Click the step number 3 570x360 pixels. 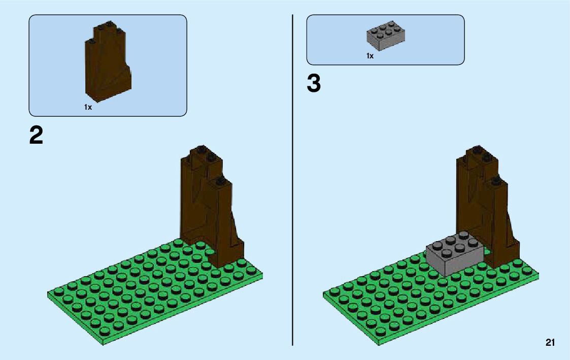(314, 84)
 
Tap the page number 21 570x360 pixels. (550, 343)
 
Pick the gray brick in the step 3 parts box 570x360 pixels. (386, 35)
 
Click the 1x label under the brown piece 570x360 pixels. (88, 107)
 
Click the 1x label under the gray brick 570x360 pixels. (370, 56)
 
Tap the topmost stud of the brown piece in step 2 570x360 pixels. (202, 149)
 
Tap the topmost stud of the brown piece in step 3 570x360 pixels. (477, 149)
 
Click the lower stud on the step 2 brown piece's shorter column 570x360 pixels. (220, 180)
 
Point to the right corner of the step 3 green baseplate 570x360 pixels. (538, 276)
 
